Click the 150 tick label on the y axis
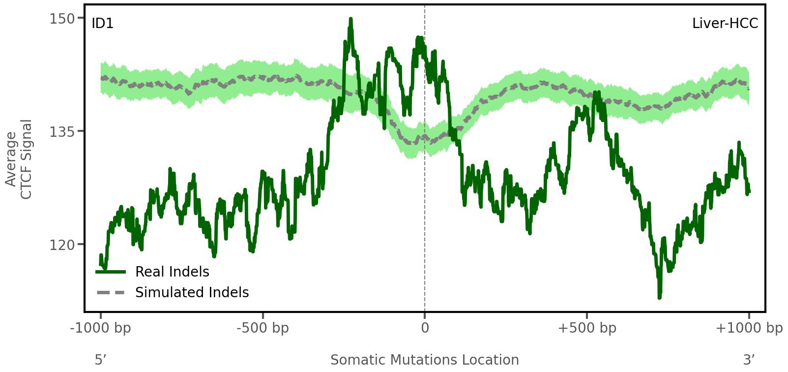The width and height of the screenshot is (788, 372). (x=61, y=19)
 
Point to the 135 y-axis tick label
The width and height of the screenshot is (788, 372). (x=61, y=131)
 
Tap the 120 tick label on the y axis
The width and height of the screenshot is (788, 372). (x=61, y=245)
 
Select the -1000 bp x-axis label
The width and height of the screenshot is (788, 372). (x=101, y=328)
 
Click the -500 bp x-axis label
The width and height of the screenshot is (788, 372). (x=263, y=328)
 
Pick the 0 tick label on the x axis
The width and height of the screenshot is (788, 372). (x=425, y=328)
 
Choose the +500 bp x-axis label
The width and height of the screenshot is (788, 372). (x=587, y=328)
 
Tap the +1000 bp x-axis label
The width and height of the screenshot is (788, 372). (x=749, y=328)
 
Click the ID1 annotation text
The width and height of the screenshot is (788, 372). (x=102, y=24)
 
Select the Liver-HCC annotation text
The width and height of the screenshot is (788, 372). (x=725, y=24)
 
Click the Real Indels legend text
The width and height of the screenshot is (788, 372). (x=172, y=272)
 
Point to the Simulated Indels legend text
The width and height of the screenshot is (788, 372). (x=192, y=292)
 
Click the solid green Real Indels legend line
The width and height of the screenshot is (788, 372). (x=111, y=272)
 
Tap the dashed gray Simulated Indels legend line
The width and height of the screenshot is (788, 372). (x=111, y=293)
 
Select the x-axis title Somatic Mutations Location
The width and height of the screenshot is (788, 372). (x=424, y=360)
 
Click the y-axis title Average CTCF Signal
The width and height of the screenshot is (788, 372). (x=19, y=159)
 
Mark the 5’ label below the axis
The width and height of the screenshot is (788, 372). (x=100, y=360)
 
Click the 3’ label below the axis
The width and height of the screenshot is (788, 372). (x=749, y=360)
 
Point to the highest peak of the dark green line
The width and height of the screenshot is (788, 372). (x=350, y=19)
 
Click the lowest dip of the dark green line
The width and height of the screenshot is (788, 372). (x=659, y=297)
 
